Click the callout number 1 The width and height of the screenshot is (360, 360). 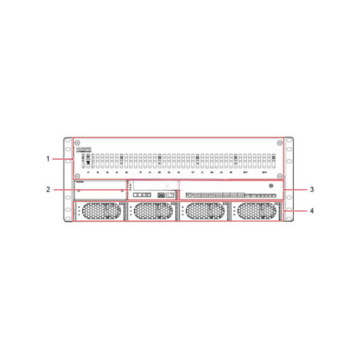[48, 158]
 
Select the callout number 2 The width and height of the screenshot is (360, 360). [48, 190]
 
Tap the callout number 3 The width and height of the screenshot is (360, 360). [311, 190]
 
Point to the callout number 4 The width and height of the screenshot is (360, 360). [311, 211]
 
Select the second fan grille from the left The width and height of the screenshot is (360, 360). [152, 211]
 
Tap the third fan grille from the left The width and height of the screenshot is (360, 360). [204, 211]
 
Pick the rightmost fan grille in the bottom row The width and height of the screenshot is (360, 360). [256, 211]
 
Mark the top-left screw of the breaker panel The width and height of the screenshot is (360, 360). [78, 142]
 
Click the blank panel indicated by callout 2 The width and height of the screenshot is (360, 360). [100, 190]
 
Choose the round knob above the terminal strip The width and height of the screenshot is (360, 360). [270, 184]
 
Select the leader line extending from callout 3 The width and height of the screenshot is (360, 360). [293, 190]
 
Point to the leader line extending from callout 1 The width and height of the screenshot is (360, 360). [60, 158]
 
